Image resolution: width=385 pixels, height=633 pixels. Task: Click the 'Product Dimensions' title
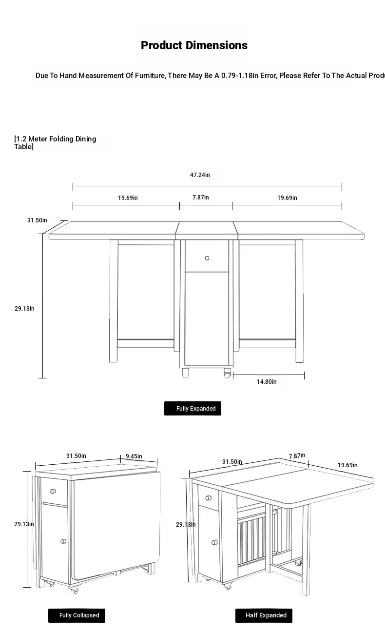[x=194, y=45]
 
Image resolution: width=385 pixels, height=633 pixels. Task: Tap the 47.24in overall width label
[x=200, y=175]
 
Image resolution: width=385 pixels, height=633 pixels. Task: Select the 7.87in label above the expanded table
[x=200, y=198]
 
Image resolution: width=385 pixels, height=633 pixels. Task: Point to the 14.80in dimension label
[x=267, y=382]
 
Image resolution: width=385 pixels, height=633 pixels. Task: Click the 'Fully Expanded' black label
[x=192, y=409]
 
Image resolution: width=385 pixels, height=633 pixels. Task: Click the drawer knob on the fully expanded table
[x=207, y=258]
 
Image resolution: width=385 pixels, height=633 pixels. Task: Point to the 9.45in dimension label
[x=134, y=456]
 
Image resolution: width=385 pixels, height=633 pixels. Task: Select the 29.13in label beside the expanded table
[x=24, y=309]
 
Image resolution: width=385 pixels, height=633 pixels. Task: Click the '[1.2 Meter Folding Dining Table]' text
[x=55, y=143]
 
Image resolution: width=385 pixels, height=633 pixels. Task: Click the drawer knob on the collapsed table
[x=53, y=491]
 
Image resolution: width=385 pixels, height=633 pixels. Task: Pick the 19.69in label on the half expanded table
[x=347, y=465]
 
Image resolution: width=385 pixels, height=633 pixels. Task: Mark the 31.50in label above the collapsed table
[x=76, y=456]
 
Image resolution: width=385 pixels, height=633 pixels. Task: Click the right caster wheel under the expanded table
[x=227, y=373]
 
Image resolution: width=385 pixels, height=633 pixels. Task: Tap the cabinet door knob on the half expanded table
[x=214, y=542]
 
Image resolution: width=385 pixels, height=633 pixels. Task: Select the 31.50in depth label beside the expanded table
[x=37, y=220]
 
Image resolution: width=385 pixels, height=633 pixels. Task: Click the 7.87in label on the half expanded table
[x=297, y=456]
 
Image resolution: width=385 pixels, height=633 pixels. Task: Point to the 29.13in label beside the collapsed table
[x=24, y=524]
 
